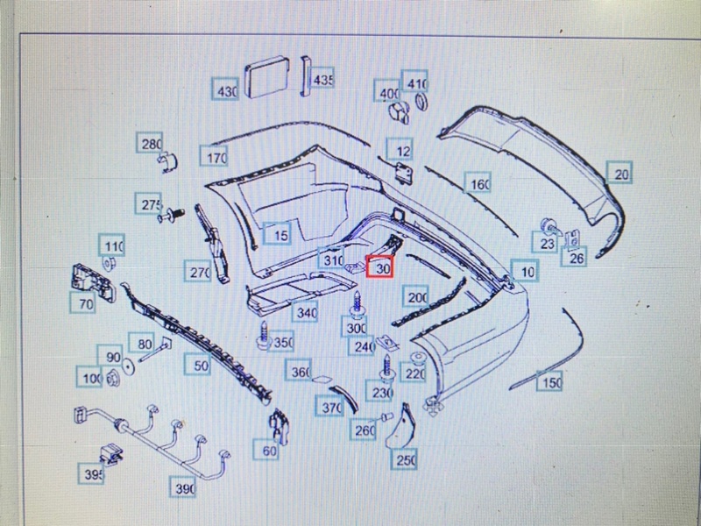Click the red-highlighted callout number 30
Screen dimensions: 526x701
pyautogui.click(x=381, y=267)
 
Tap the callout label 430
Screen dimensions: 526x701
pyautogui.click(x=227, y=90)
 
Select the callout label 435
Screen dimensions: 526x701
pyautogui.click(x=323, y=80)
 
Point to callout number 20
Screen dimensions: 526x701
pyautogui.click(x=620, y=174)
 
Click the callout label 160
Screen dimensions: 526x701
pyautogui.click(x=478, y=184)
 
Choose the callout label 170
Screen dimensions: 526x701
pyautogui.click(x=215, y=158)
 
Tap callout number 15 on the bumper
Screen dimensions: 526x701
pyautogui.click(x=279, y=234)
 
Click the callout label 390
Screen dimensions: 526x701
pyautogui.click(x=183, y=487)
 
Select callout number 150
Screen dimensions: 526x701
pyautogui.click(x=550, y=381)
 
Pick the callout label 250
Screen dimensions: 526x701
pyautogui.click(x=406, y=459)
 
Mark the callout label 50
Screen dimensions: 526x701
pyautogui.click(x=201, y=365)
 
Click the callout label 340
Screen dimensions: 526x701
pyautogui.click(x=306, y=312)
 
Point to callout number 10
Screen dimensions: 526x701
pyautogui.click(x=526, y=272)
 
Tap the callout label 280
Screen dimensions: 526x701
pyautogui.click(x=150, y=144)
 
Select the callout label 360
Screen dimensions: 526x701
pyautogui.click(x=301, y=372)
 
